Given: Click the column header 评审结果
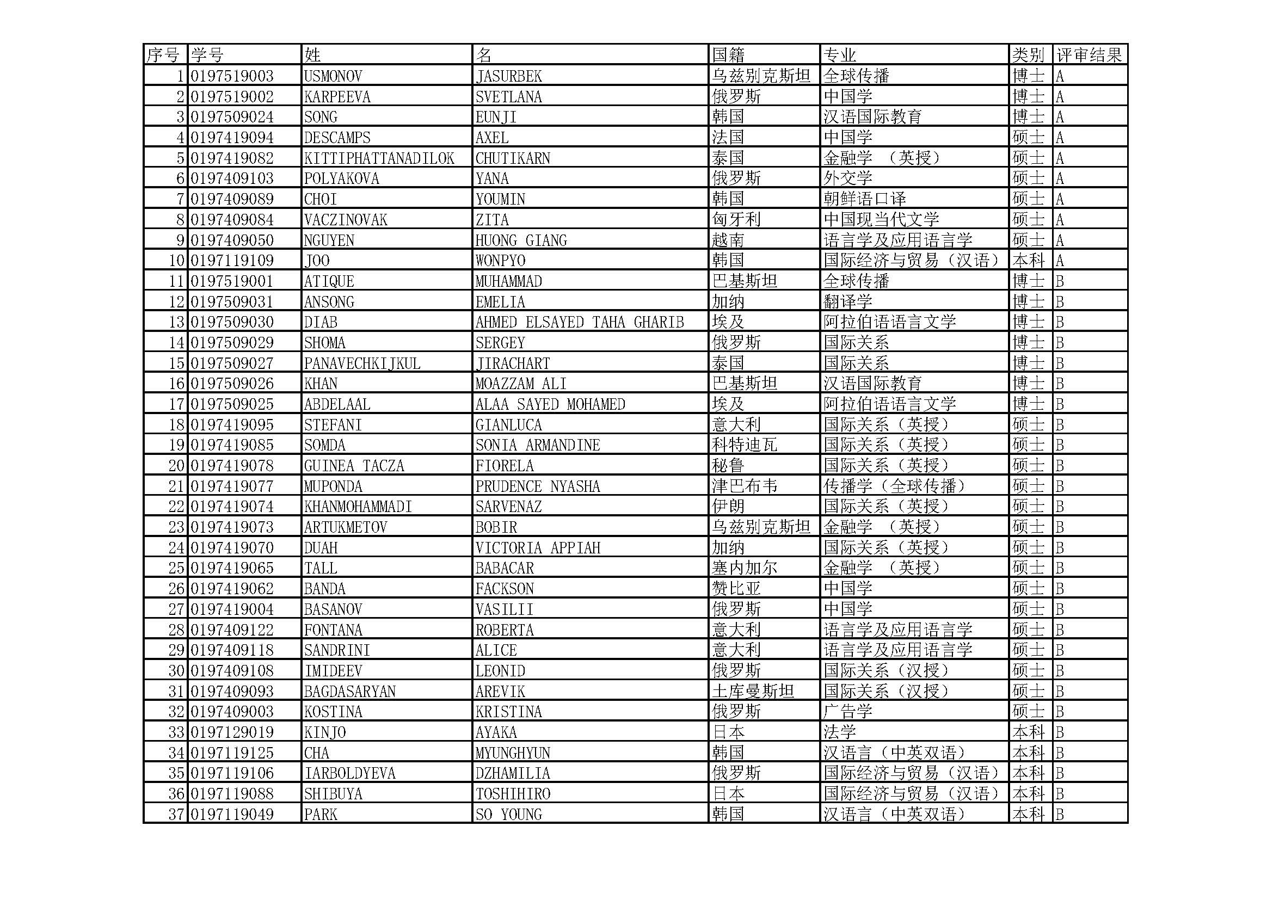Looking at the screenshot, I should click(1089, 55).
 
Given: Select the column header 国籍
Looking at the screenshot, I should click(728, 55).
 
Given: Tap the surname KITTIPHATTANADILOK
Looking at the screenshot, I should click(379, 158).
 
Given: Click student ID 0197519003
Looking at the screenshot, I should click(232, 76).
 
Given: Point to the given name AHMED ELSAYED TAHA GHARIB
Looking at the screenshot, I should click(580, 322).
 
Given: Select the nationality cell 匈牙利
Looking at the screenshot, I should click(736, 219).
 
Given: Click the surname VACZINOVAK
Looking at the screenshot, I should click(346, 219).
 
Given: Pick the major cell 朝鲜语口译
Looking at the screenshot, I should click(864, 199).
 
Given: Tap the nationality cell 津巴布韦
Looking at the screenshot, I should click(744, 486).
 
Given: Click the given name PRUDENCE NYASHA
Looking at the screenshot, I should click(537, 486).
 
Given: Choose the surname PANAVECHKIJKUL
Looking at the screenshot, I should click(362, 363).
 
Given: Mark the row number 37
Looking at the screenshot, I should click(176, 814).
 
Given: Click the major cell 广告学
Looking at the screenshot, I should click(848, 711).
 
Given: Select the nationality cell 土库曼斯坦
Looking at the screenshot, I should click(752, 691).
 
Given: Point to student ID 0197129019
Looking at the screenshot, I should click(232, 732).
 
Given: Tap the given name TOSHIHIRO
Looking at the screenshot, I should click(512, 793).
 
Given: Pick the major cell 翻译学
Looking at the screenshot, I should click(848, 301).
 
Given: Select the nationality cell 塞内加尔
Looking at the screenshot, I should click(744, 568).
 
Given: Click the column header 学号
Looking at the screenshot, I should click(207, 55).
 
